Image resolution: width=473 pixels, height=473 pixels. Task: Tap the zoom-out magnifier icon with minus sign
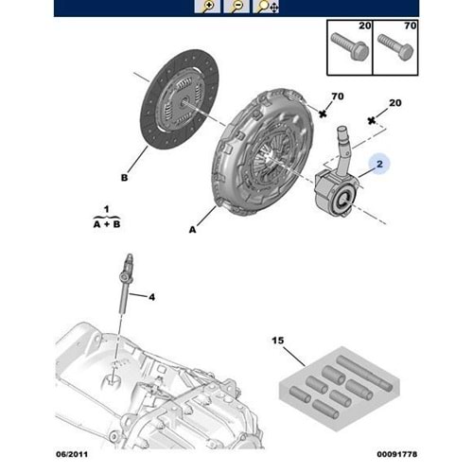coord(236,8)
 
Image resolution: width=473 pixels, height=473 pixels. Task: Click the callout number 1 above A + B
coord(107,207)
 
